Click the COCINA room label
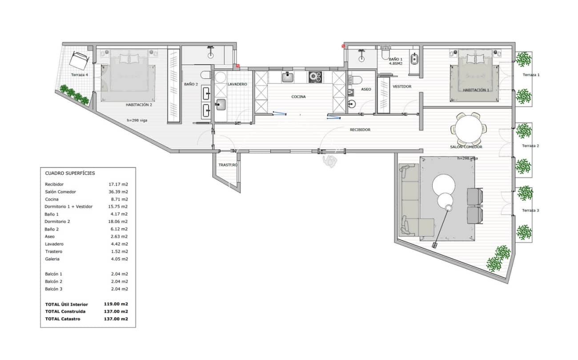tap(298, 97)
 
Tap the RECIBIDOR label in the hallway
tap(360, 130)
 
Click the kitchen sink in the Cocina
tap(288, 77)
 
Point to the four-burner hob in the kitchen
tap(315, 77)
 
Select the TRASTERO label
tap(228, 165)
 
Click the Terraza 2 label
tap(530, 146)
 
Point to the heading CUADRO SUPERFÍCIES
tap(70, 173)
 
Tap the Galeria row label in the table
tap(52, 259)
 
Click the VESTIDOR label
tap(401, 86)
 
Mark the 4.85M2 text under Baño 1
tap(395, 64)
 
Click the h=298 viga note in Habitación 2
tap(140, 120)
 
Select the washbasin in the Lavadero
tap(221, 105)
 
